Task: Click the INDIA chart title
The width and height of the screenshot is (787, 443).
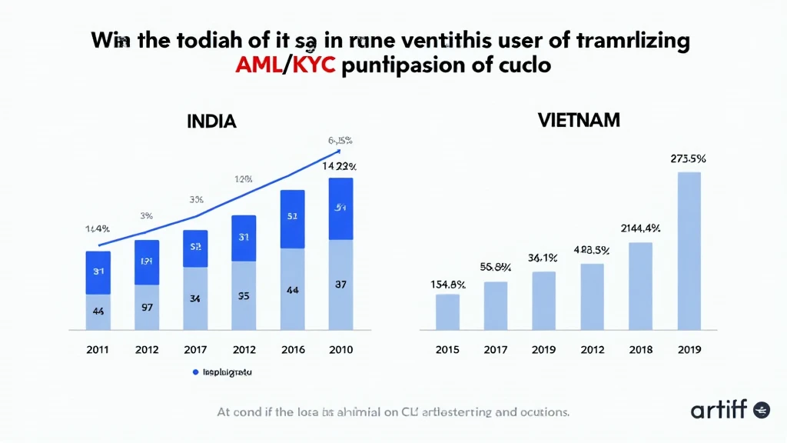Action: pos(211,122)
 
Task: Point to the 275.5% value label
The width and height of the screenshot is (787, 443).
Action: pos(688,159)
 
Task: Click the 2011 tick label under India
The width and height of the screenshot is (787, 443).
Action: pos(98,350)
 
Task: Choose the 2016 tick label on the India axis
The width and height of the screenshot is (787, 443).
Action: pos(292,350)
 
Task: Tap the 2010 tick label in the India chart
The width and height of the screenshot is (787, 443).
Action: pos(340,350)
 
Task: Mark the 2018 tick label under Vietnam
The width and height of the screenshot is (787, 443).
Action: pos(640,350)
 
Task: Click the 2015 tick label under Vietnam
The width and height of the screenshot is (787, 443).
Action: pos(447,350)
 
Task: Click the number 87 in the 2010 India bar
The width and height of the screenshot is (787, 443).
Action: pos(340,285)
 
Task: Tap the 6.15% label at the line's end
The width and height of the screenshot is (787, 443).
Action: pos(340,140)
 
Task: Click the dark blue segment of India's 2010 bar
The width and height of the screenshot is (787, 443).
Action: pos(340,208)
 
